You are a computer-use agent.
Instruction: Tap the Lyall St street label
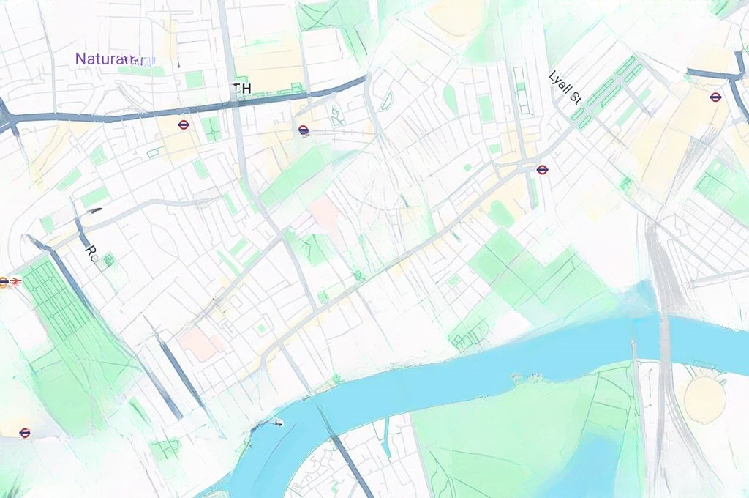(565, 88)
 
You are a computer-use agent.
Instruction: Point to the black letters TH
(242, 89)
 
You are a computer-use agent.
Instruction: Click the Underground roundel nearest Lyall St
(542, 170)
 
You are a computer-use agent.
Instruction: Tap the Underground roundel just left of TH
(184, 125)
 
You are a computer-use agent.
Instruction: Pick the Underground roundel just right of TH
(304, 130)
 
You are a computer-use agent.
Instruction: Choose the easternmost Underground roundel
(715, 97)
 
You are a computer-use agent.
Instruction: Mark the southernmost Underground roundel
(25, 433)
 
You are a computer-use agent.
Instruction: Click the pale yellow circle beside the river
(704, 400)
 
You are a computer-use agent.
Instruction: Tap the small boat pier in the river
(276, 422)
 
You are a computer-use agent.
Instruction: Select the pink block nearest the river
(199, 343)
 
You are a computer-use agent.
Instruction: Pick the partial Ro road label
(91, 254)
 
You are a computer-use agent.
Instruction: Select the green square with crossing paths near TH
(211, 129)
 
